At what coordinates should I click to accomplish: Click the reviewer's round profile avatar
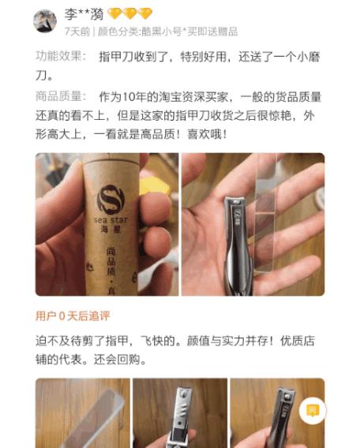pos(45,21)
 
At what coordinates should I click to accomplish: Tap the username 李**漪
pos(85,14)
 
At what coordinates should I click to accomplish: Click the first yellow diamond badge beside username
pos(114,14)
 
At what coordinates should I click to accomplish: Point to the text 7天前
pos(77,32)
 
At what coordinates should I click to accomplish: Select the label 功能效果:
pos(60,58)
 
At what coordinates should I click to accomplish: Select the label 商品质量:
pos(60,96)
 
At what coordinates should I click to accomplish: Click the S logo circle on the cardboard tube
pos(110,198)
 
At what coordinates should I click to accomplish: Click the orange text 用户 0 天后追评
pos(73,316)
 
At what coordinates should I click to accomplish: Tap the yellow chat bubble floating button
pos(313,410)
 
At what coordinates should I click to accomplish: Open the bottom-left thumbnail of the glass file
pos(82,413)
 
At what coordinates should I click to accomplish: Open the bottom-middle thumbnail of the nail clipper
pos(179,413)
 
